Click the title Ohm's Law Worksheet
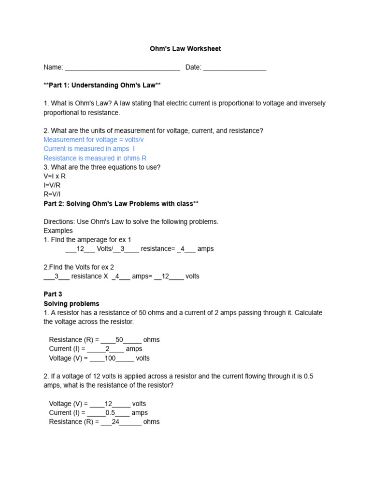coord(185,49)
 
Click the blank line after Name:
coord(122,68)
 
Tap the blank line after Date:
coord(234,68)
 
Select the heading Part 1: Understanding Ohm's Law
coord(102,85)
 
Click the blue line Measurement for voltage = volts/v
coord(94,140)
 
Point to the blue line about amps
coord(89,149)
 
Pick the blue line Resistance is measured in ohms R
coord(95,158)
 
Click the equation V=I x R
coord(55,176)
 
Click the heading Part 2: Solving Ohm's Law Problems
coord(121,204)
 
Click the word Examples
coord(58,231)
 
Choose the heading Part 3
coord(53,294)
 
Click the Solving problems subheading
coord(71,304)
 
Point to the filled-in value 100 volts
coord(110,358)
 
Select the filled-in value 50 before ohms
coord(120,340)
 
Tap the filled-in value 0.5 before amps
coord(111,413)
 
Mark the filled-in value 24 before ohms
coord(115,422)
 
